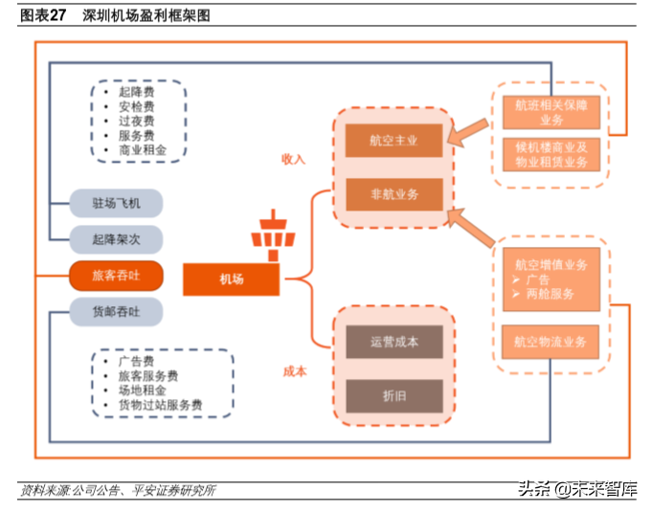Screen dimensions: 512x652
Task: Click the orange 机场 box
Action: point(231,279)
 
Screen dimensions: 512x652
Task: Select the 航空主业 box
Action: point(393,141)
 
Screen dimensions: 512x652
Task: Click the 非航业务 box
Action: point(393,194)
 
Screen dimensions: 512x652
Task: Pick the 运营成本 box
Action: point(393,342)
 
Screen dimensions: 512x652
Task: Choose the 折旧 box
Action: point(393,395)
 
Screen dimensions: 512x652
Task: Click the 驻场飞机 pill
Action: point(116,203)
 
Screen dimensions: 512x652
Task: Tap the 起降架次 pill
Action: point(116,239)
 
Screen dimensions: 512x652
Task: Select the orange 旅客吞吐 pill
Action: point(116,277)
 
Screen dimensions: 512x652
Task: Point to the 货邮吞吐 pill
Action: point(116,312)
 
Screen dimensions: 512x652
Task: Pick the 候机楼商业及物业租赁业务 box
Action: point(551,154)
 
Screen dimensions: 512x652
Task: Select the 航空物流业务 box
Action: point(551,342)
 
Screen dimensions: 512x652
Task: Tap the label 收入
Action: point(293,159)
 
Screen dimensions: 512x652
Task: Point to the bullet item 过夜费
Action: point(136,121)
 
